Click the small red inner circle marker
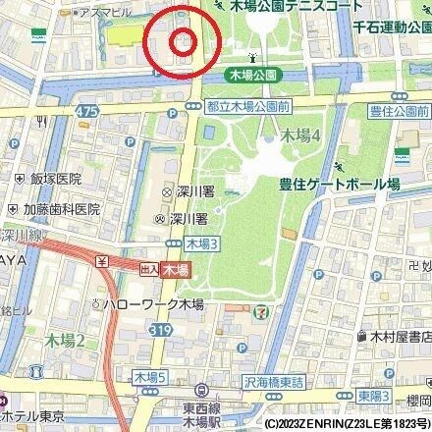183,42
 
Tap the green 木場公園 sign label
251,74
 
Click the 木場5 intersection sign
149,376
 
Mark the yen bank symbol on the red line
102,261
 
